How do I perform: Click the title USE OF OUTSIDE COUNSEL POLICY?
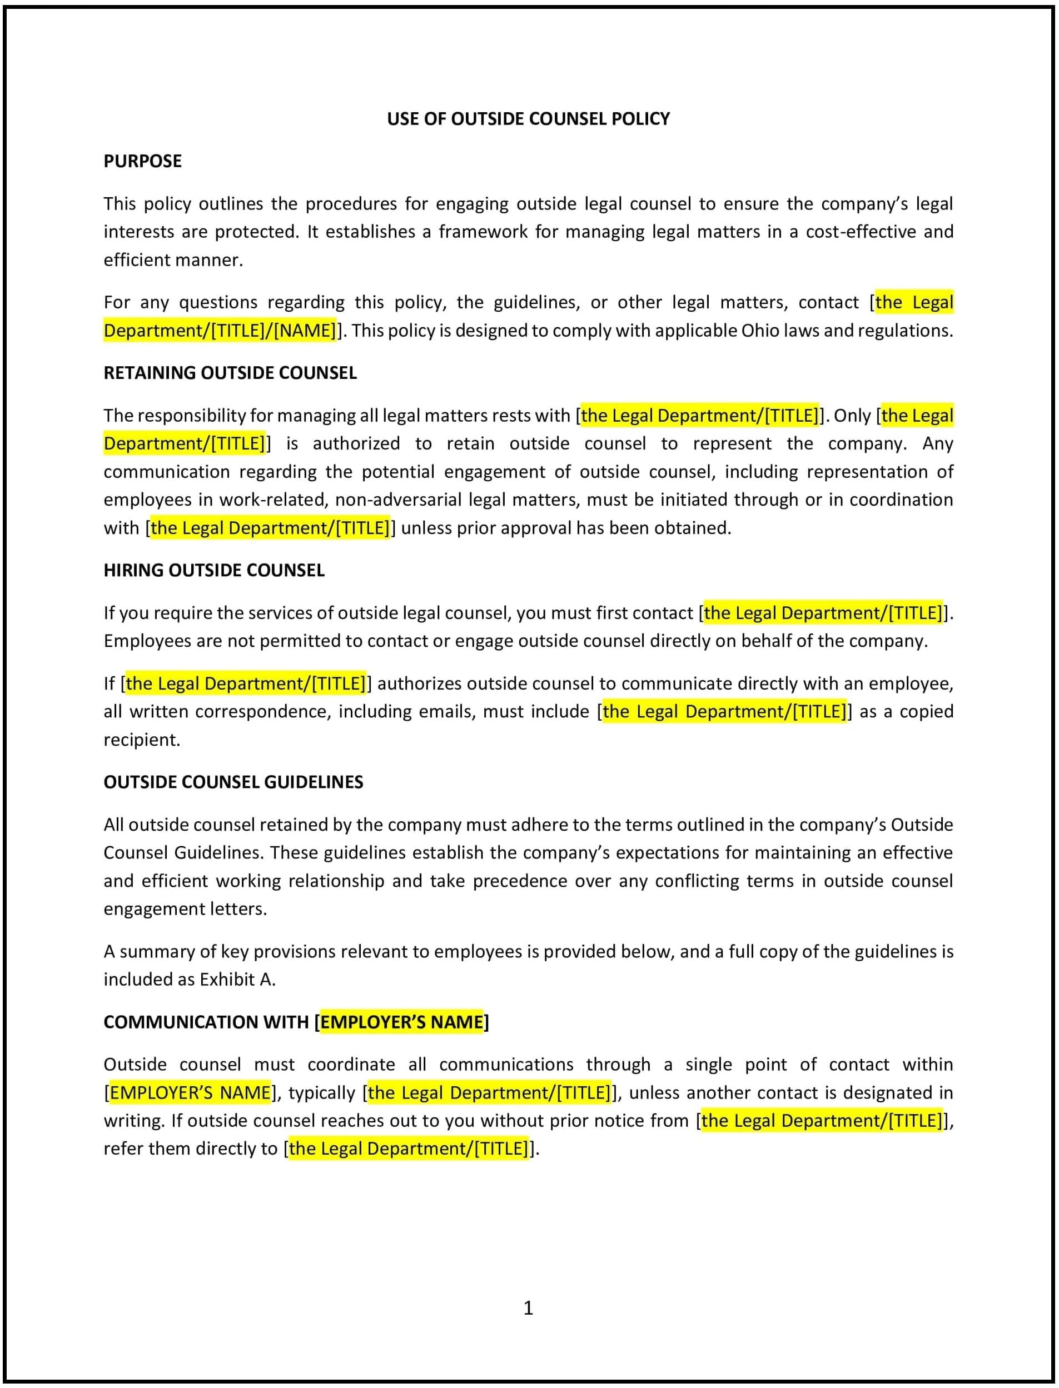coord(528,118)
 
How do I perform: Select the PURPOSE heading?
coord(142,161)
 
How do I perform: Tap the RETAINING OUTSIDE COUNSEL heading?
coord(230,373)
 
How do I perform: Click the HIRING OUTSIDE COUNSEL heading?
coord(213,570)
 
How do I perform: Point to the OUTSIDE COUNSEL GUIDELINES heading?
coord(233,782)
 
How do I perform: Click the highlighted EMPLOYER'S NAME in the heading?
coord(401,1022)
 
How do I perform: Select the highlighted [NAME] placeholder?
coord(305,331)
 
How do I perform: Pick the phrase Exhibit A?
coord(237,979)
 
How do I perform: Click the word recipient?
coord(141,740)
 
